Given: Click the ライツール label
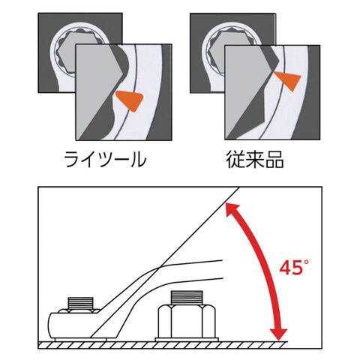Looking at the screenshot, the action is (x=105, y=160).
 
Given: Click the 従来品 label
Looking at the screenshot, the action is (x=255, y=160).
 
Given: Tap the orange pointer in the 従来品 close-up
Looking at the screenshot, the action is (x=288, y=81).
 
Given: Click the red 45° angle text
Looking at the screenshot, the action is (x=294, y=267).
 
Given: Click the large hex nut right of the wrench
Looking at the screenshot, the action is (x=187, y=322).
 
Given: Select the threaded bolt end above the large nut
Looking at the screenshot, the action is (x=187, y=298).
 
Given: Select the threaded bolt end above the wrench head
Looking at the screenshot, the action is (x=80, y=304).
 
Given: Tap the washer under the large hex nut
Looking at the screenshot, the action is (x=187, y=340).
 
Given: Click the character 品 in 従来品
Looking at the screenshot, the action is (x=274, y=160).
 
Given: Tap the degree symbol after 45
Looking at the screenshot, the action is (x=306, y=262).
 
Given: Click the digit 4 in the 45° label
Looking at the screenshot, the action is (x=285, y=268).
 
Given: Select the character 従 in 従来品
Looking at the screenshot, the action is (x=235, y=160).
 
